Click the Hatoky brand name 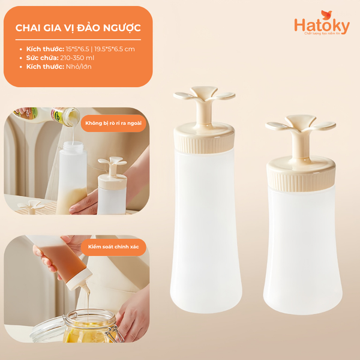tap(317, 26)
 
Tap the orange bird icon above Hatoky tap(326, 13)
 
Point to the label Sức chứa tap(42, 57)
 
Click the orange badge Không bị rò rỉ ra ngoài tap(114, 123)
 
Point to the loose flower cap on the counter tap(30, 208)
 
